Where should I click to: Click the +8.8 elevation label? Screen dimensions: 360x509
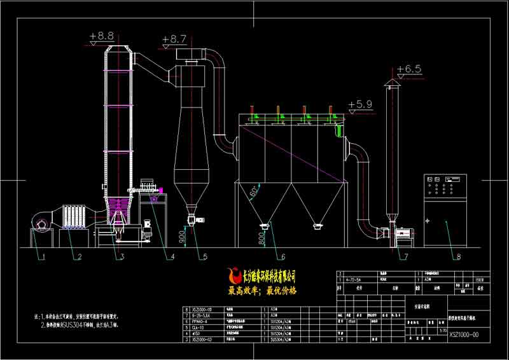click(102, 36)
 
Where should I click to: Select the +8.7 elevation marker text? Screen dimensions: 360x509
click(174, 39)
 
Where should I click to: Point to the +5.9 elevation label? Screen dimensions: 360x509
click(360, 104)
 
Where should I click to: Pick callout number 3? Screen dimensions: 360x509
click(121, 257)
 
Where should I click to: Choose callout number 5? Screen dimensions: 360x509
click(205, 257)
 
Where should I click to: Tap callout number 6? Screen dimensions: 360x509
click(282, 257)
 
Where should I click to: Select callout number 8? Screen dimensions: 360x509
click(457, 257)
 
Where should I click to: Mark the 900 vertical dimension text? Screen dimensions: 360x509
click(183, 237)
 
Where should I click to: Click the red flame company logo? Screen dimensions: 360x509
click(232, 276)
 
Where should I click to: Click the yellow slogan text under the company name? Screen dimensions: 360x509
click(262, 290)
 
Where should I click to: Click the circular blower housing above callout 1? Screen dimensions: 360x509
click(42, 223)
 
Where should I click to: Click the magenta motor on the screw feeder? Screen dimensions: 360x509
click(161, 189)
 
